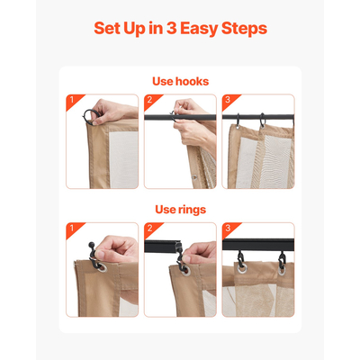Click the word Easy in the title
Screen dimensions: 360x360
pyautogui.click(x=199, y=29)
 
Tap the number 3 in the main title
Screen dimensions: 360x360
pyautogui.click(x=171, y=28)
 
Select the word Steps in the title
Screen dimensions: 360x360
pyautogui.click(x=244, y=29)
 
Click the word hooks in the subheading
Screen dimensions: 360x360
pyautogui.click(x=192, y=81)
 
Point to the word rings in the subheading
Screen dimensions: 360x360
pyautogui.click(x=193, y=210)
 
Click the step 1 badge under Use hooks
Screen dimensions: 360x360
pyautogui.click(x=73, y=100)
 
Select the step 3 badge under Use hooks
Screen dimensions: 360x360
pyautogui.click(x=229, y=100)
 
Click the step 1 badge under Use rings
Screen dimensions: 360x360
pyautogui.click(x=73, y=229)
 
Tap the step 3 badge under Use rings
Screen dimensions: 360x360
pyautogui.click(x=229, y=229)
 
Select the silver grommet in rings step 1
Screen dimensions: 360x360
pyautogui.click(x=102, y=267)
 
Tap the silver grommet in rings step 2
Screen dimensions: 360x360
pyautogui.click(x=186, y=271)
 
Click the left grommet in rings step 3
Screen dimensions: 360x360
pyautogui.click(x=241, y=268)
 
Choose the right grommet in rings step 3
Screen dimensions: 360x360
pyautogui.click(x=282, y=270)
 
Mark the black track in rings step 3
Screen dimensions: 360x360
pyautogui.click(x=258, y=245)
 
